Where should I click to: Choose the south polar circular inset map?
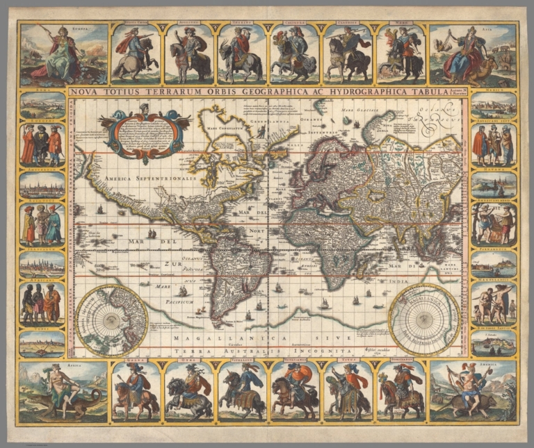pos(424,320)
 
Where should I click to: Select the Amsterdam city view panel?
pos(42,184)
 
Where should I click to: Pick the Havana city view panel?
pos(494,184)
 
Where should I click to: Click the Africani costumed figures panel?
pos(42,303)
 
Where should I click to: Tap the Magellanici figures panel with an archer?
pos(494,303)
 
